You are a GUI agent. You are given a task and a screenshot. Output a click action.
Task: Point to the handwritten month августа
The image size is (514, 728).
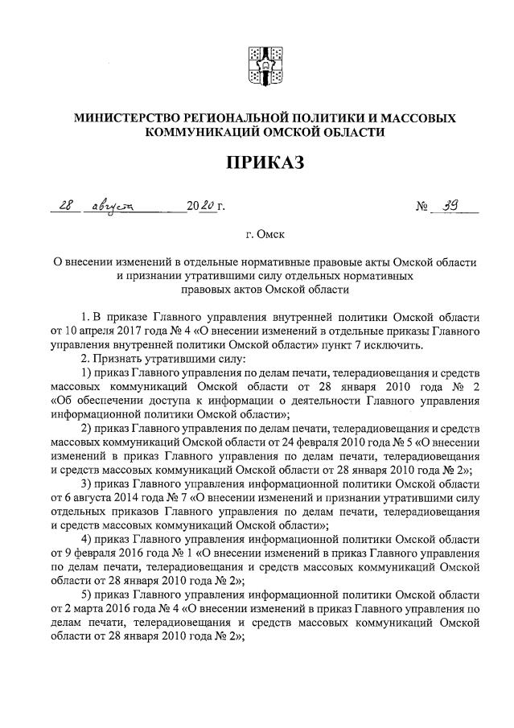point(114,207)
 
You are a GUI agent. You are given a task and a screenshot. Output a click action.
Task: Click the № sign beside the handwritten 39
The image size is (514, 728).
point(421,208)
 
